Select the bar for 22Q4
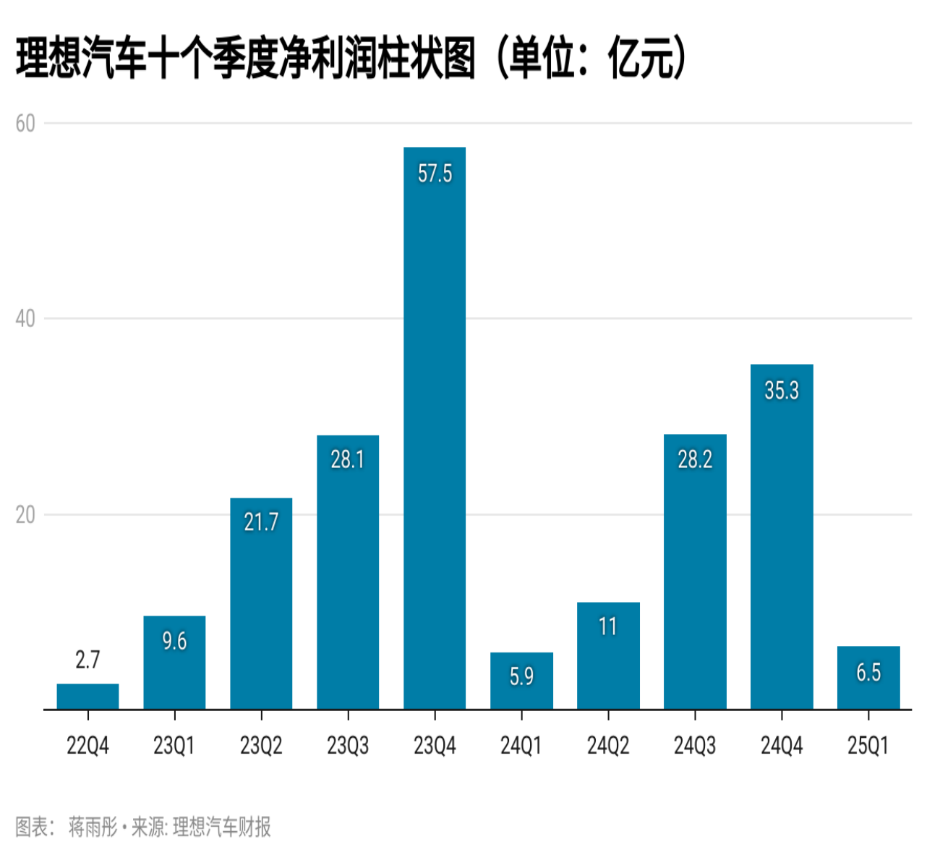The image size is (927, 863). [x=87, y=696]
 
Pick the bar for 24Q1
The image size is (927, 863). [x=521, y=681]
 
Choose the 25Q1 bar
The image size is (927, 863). [x=868, y=678]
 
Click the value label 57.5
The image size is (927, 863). [x=435, y=174]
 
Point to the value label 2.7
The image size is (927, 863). [x=87, y=660]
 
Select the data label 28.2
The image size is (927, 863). [x=695, y=459]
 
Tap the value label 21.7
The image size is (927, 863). [x=261, y=522]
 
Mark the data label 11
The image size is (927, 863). [x=608, y=626]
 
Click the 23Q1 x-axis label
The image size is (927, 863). [x=174, y=745]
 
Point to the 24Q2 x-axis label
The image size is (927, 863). [x=608, y=745]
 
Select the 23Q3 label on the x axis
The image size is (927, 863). [x=348, y=745]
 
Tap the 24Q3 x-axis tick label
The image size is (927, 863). [x=695, y=745]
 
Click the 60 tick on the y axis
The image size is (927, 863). [x=25, y=124]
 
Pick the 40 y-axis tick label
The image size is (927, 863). [x=25, y=318]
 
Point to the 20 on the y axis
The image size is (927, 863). [x=25, y=515]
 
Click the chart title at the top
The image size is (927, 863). [x=246, y=58]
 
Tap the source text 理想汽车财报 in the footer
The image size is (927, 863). [x=222, y=827]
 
